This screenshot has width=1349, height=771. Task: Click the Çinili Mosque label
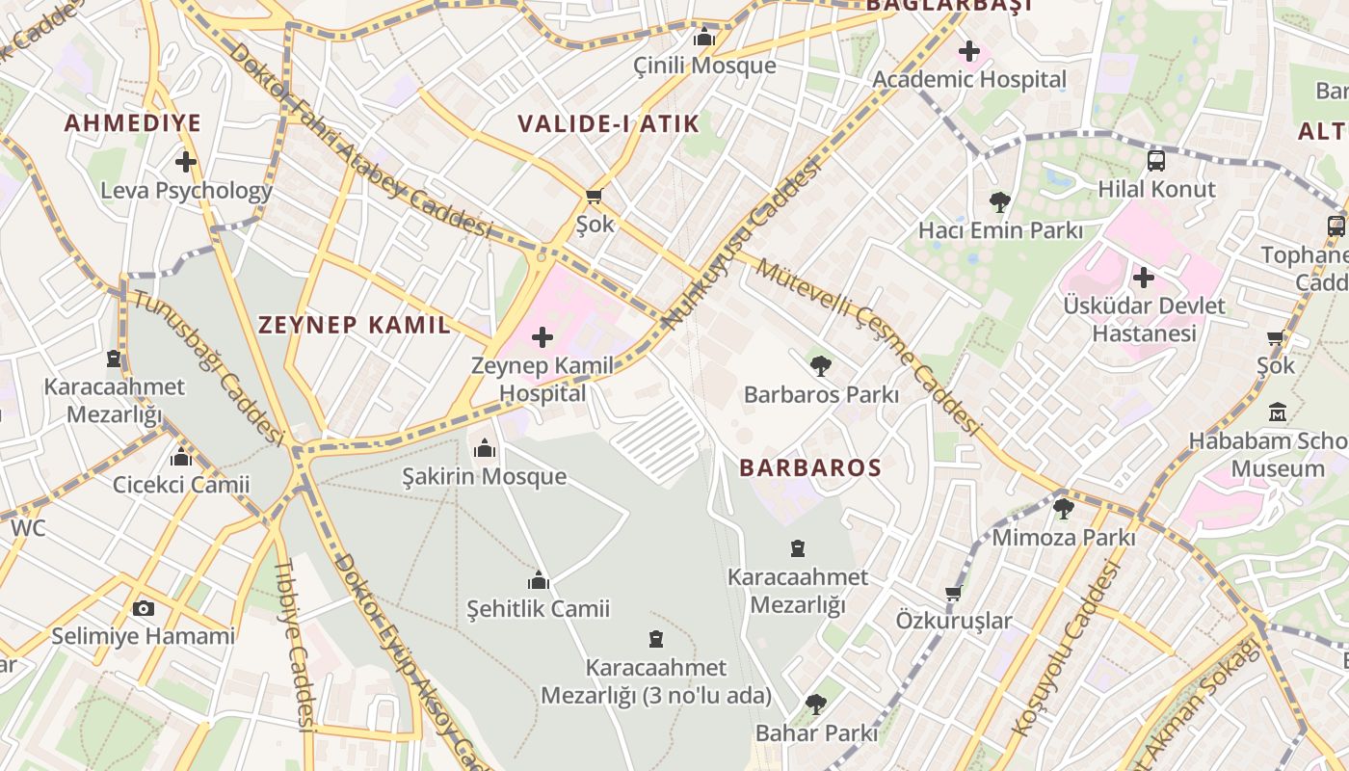tap(704, 66)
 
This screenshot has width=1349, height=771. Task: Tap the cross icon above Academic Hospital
tap(969, 51)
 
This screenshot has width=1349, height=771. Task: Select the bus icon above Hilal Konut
tap(1156, 161)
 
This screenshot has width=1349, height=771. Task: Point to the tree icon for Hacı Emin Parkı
tap(1000, 202)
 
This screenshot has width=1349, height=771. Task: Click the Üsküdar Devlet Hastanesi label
tap(1144, 319)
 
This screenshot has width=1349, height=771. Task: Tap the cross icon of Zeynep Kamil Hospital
tap(542, 337)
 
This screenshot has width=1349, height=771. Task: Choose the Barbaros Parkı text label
tap(821, 395)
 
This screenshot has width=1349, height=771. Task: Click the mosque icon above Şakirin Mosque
tap(484, 448)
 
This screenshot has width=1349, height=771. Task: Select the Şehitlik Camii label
tap(538, 609)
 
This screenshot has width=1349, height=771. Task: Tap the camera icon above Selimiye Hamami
tap(143, 608)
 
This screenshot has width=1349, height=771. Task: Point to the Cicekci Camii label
tap(181, 485)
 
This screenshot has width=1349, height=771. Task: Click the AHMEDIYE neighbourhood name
tap(133, 123)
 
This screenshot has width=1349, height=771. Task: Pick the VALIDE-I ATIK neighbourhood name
tap(608, 124)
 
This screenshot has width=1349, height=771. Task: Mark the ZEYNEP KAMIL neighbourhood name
tap(354, 325)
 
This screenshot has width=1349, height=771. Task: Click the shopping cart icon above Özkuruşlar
tap(954, 593)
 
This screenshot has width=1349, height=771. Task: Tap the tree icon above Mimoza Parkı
tap(1064, 509)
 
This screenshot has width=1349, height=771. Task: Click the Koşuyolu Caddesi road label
tap(1066, 650)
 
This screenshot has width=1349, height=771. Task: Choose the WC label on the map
tap(28, 528)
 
